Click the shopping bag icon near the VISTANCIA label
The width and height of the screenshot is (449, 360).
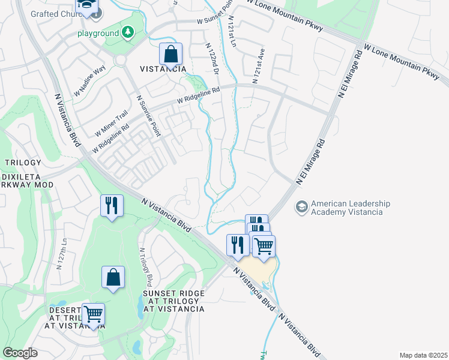tap(171, 54)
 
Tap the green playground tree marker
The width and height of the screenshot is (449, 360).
tap(127, 33)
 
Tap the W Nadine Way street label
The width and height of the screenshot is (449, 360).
tap(89, 81)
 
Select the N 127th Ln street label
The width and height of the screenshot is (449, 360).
tap(60, 255)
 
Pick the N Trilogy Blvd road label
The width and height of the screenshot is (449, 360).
tap(146, 268)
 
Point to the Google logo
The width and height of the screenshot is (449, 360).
tap(20, 353)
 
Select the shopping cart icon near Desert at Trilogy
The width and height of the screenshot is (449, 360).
tap(93, 314)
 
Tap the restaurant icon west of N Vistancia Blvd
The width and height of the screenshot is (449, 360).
tap(112, 206)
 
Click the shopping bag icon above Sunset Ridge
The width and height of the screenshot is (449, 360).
tap(113, 278)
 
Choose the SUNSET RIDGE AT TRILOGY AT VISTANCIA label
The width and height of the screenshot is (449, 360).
tap(173, 301)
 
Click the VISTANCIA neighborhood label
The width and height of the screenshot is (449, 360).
tap(163, 69)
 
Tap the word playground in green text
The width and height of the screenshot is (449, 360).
tap(98, 34)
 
